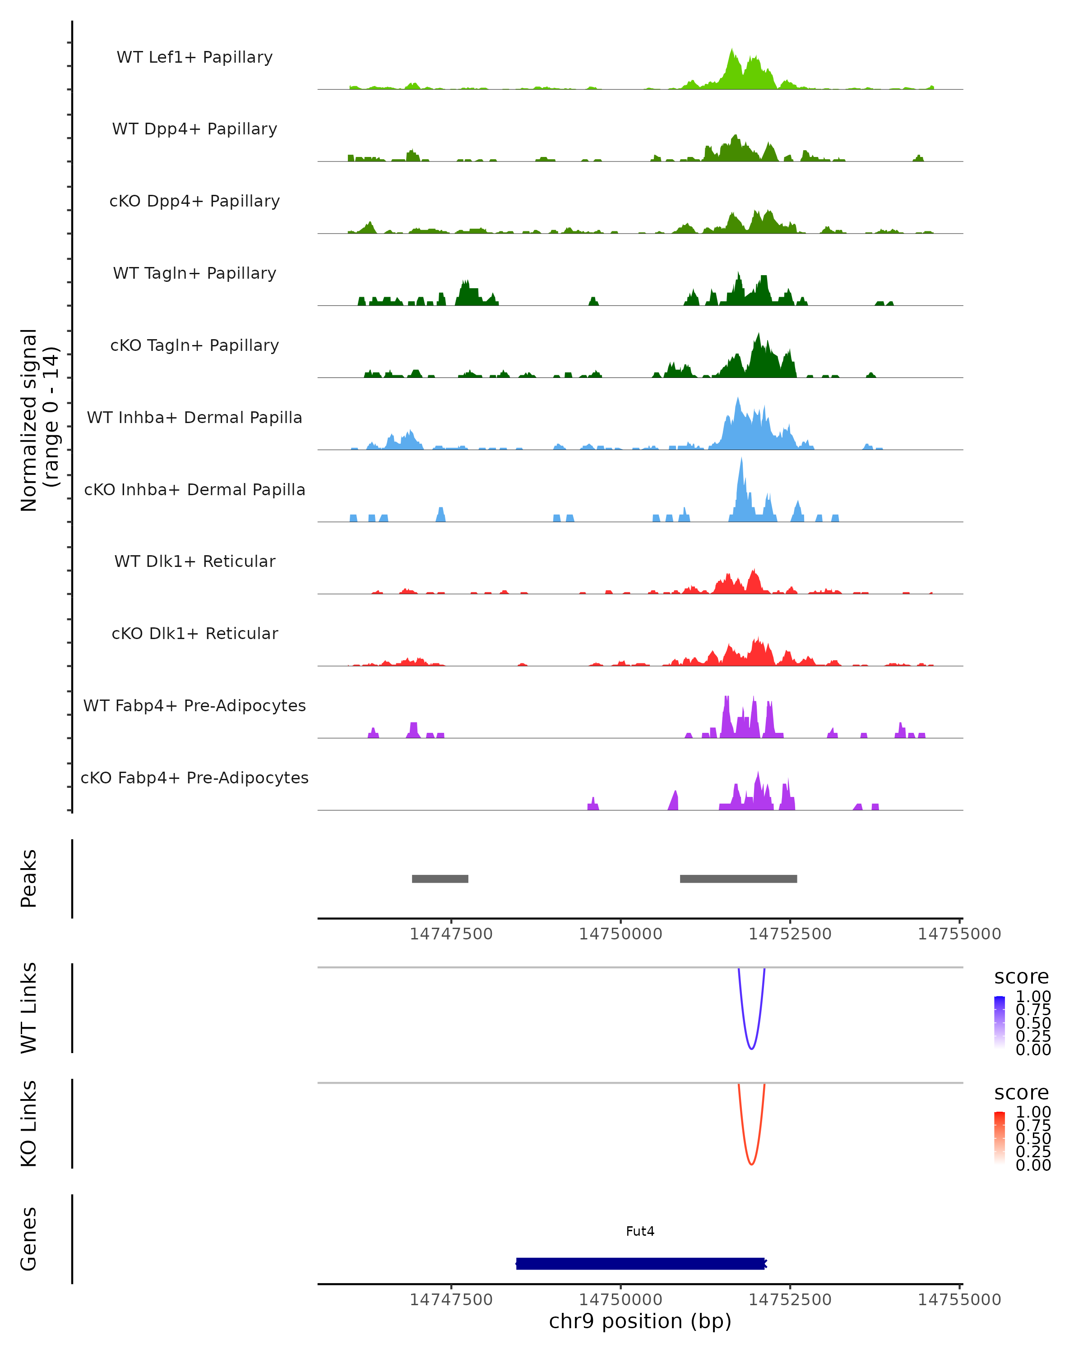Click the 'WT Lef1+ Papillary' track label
194,57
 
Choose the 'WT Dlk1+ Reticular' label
194,561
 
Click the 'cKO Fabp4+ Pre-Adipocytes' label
194,778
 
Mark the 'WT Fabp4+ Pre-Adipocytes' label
194,705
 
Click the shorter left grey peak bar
440,879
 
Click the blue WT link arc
751,1048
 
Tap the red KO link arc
751,1164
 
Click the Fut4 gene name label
640,1231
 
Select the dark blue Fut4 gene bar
640,1263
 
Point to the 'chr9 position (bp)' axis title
640,1321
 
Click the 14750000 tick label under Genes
620,1299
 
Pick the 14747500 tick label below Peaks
451,934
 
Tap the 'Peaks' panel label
29,878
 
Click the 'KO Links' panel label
29,1123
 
